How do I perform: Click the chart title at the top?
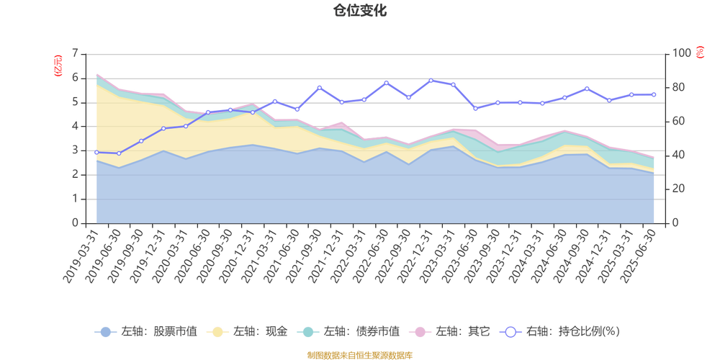tap(359, 10)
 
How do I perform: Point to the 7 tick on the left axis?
tap(76, 53)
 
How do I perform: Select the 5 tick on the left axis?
tap(76, 102)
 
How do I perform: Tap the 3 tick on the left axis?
tap(76, 150)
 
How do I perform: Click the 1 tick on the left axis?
tap(76, 199)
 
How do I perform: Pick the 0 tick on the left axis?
tap(76, 223)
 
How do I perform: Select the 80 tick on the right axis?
tap(680, 86)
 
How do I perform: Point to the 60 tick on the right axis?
tap(680, 121)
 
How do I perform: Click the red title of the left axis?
tap(57, 66)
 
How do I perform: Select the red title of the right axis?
tap(700, 53)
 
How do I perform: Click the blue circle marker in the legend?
tap(106, 332)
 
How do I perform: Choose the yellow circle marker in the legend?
tap(217, 332)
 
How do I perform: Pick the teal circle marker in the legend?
tap(309, 332)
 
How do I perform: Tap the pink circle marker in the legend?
tap(420, 332)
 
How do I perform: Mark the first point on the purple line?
tap(96, 152)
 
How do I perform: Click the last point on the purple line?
tap(654, 94)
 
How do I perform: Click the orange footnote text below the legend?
tap(359, 354)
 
